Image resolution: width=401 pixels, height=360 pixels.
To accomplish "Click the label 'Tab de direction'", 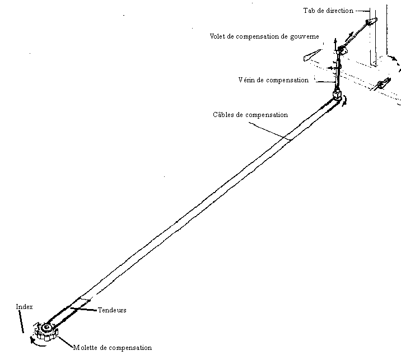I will [x=328, y=10].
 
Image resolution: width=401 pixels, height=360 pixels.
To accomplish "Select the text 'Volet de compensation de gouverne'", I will [x=264, y=36].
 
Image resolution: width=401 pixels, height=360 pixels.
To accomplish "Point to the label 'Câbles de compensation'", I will [x=250, y=115].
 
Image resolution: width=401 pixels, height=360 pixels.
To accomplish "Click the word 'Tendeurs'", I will [x=112, y=310].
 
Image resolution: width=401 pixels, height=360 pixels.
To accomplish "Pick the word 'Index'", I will [x=24, y=307].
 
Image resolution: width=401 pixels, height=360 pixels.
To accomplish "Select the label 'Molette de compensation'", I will [x=112, y=348].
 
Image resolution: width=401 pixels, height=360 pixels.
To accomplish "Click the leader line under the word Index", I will [x=22, y=321].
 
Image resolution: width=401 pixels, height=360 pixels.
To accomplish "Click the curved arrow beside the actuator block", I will [x=346, y=101].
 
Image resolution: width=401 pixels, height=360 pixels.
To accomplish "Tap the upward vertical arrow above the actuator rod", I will [x=335, y=43].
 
